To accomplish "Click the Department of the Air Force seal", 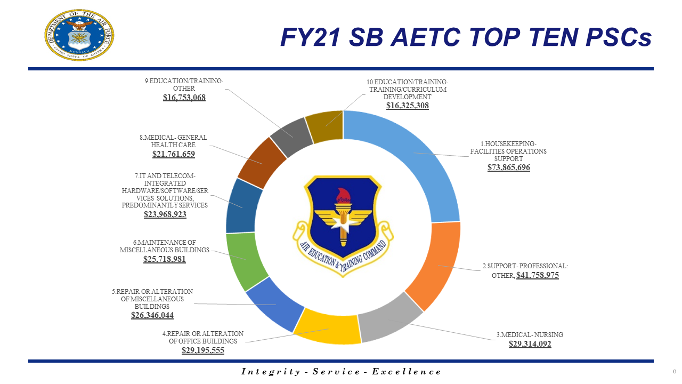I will pos(79,34).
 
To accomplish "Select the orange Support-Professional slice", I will pos(434,264).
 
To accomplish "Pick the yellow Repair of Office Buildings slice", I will pos(326,330).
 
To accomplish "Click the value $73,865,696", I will pos(509,167).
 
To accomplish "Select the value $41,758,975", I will pos(537,275).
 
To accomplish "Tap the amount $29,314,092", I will pos(530,344).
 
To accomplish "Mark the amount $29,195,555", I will pos(203,350).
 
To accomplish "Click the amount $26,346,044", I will pos(152,315).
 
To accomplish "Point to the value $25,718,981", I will pos(165,259).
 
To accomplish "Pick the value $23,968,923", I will pos(165,214).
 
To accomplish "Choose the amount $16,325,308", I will pos(408,106).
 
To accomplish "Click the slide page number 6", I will pos(674,371).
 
